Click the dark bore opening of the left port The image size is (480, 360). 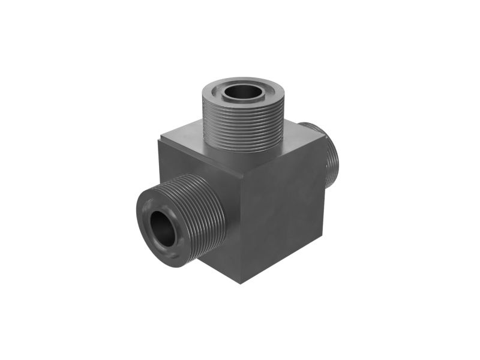163,228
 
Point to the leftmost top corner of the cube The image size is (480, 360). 159,141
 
